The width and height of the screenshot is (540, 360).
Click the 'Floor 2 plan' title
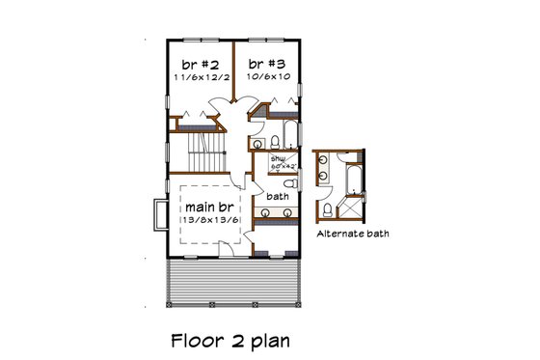pos(228,340)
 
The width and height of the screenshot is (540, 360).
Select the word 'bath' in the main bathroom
pos(279,196)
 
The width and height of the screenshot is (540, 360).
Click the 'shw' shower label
pos(278,157)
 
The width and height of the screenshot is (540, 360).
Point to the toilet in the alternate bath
pos(329,209)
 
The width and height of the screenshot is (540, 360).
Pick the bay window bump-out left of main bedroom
pos(159,215)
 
